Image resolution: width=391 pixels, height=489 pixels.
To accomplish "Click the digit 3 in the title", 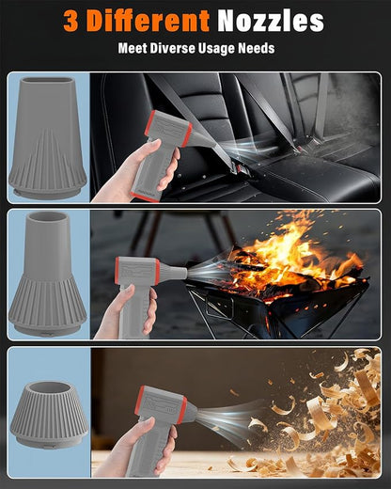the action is [x=70, y=21].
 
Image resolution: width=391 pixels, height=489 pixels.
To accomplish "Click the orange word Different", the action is [x=148, y=21].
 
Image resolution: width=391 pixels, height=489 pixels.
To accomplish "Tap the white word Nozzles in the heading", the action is [x=271, y=21].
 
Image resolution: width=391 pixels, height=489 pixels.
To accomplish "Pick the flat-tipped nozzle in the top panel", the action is [x=48, y=138].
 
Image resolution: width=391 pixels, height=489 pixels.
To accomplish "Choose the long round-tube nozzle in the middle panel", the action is [x=48, y=275].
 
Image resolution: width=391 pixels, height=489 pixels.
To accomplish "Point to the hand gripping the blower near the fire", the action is [x=129, y=312].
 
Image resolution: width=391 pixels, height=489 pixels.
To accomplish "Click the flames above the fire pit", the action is [x=291, y=254].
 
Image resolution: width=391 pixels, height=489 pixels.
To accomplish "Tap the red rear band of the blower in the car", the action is [x=149, y=123].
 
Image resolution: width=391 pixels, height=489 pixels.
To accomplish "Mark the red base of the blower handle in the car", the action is [x=145, y=197].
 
